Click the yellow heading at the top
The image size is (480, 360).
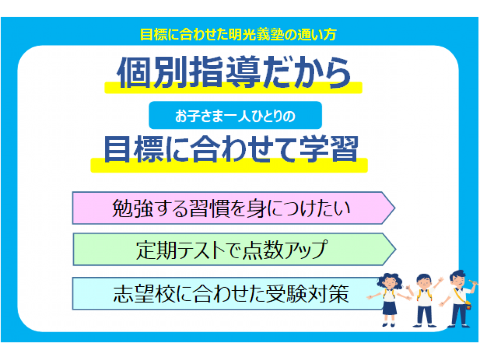coord(238,34)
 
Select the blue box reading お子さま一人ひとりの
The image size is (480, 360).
coord(235,115)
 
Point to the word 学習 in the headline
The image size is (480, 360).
coord(329,149)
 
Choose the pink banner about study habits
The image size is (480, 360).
coord(234,208)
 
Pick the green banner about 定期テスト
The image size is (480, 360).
coord(234,249)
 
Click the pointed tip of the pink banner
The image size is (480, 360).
coord(395,208)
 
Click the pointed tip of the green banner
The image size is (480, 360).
coord(395,249)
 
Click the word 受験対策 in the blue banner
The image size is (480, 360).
coord(307,294)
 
